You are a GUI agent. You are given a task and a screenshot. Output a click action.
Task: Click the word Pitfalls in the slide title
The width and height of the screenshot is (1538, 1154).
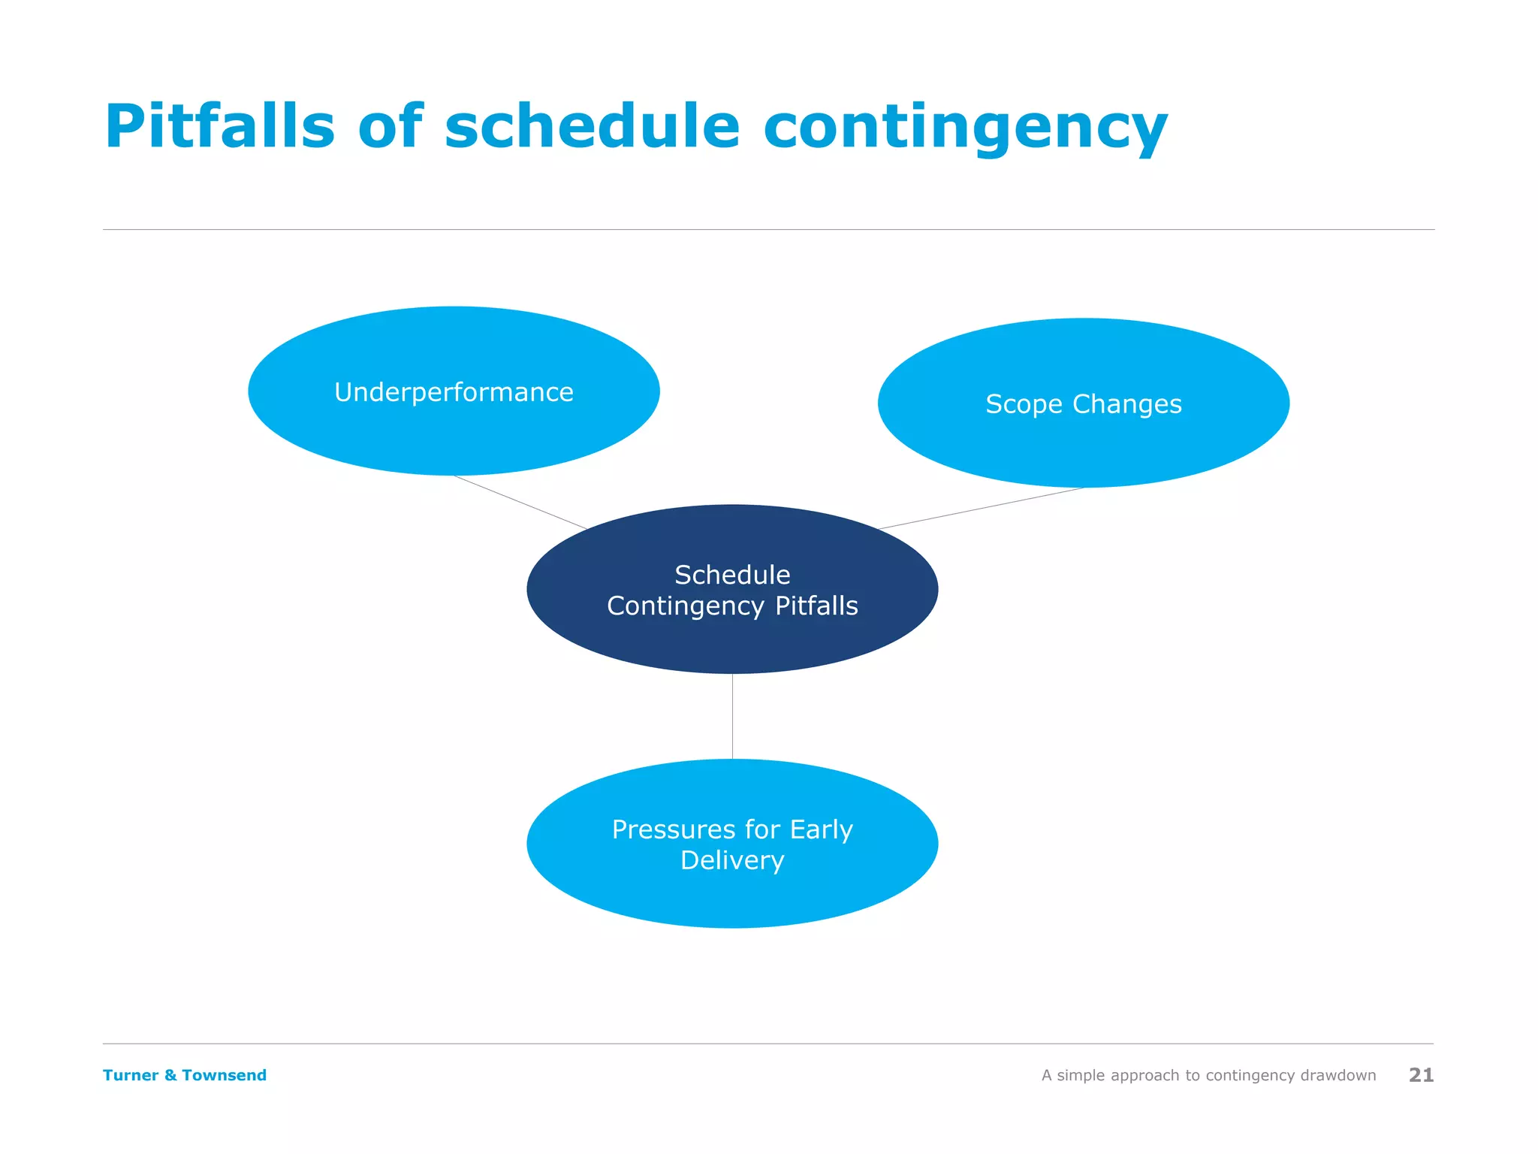tap(219, 126)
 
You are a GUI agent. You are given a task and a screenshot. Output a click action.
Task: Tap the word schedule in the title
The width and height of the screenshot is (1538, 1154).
tap(592, 126)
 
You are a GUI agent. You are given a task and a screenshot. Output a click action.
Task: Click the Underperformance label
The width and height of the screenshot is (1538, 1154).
tap(454, 392)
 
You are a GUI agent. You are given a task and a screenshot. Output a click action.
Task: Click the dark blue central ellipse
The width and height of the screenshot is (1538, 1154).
tap(732, 639)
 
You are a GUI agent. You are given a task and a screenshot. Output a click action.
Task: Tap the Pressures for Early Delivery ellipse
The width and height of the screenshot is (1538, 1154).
tap(732, 894)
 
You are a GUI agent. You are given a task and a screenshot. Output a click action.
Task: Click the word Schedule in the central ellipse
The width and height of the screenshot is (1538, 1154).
tap(732, 575)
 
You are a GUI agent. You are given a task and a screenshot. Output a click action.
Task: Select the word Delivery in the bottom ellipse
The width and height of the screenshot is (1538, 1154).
tap(732, 860)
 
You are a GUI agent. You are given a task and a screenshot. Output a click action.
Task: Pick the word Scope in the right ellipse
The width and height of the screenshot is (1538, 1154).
tap(1024, 405)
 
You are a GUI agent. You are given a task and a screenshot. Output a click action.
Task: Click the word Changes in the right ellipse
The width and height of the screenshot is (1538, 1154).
tap(1126, 405)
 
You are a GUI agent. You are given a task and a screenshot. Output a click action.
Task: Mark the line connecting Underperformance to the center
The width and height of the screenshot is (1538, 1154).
tap(520, 503)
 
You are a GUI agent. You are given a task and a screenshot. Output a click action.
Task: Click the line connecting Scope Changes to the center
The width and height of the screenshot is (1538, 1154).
tap(980, 509)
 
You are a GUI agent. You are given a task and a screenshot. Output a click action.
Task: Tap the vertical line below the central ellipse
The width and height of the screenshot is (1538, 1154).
tap(732, 716)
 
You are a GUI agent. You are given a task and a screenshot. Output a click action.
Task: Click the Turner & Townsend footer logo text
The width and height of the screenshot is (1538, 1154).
tap(184, 1075)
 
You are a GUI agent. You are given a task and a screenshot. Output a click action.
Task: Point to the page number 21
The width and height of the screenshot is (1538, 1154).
tap(1421, 1075)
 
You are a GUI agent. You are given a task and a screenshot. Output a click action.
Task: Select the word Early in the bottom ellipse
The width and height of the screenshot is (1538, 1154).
tap(821, 829)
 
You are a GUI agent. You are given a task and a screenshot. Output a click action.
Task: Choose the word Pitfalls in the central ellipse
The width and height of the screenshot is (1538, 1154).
tap(816, 606)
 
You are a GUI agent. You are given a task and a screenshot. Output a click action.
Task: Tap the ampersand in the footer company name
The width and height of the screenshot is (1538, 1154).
tap(170, 1075)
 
